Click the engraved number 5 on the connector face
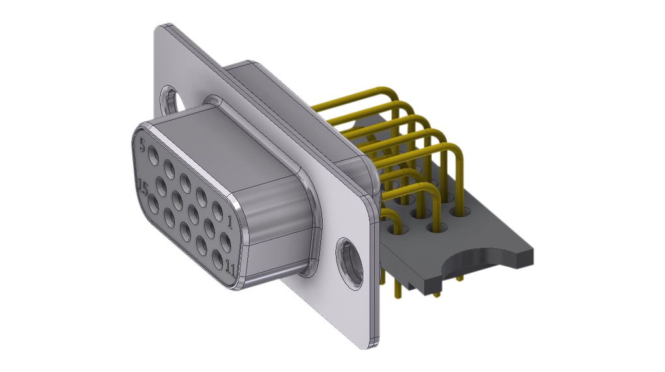click(142, 142)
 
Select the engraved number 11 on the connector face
click(229, 268)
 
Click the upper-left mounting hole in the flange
click(171, 99)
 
